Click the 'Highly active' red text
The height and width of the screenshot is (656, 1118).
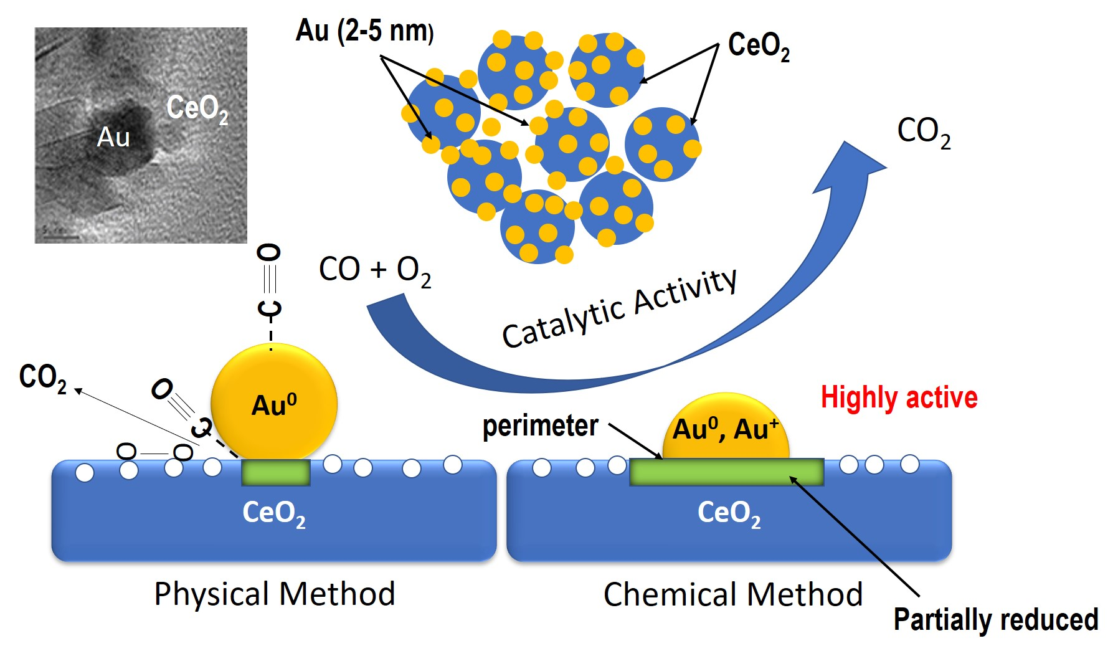click(x=899, y=397)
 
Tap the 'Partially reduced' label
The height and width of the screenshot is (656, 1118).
click(x=995, y=620)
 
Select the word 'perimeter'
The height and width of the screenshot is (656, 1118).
click(x=540, y=426)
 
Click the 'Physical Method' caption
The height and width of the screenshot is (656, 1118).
click(x=275, y=594)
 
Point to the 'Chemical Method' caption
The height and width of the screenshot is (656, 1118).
click(x=733, y=594)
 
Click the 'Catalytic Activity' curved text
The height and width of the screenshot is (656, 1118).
click(x=620, y=310)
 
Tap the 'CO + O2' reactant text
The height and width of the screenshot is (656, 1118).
click(x=374, y=270)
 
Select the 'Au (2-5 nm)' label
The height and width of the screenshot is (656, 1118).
click(x=364, y=31)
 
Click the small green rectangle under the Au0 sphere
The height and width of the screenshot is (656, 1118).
click(x=275, y=473)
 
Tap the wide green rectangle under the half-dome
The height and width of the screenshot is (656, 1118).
click(x=726, y=472)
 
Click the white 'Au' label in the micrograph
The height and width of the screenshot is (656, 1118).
click(x=113, y=137)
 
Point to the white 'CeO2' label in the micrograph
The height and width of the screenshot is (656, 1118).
click(x=197, y=108)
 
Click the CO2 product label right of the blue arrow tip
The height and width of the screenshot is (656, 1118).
click(x=923, y=133)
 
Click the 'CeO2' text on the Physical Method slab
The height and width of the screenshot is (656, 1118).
click(x=273, y=513)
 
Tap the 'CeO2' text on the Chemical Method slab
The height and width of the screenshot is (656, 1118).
click(x=729, y=513)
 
